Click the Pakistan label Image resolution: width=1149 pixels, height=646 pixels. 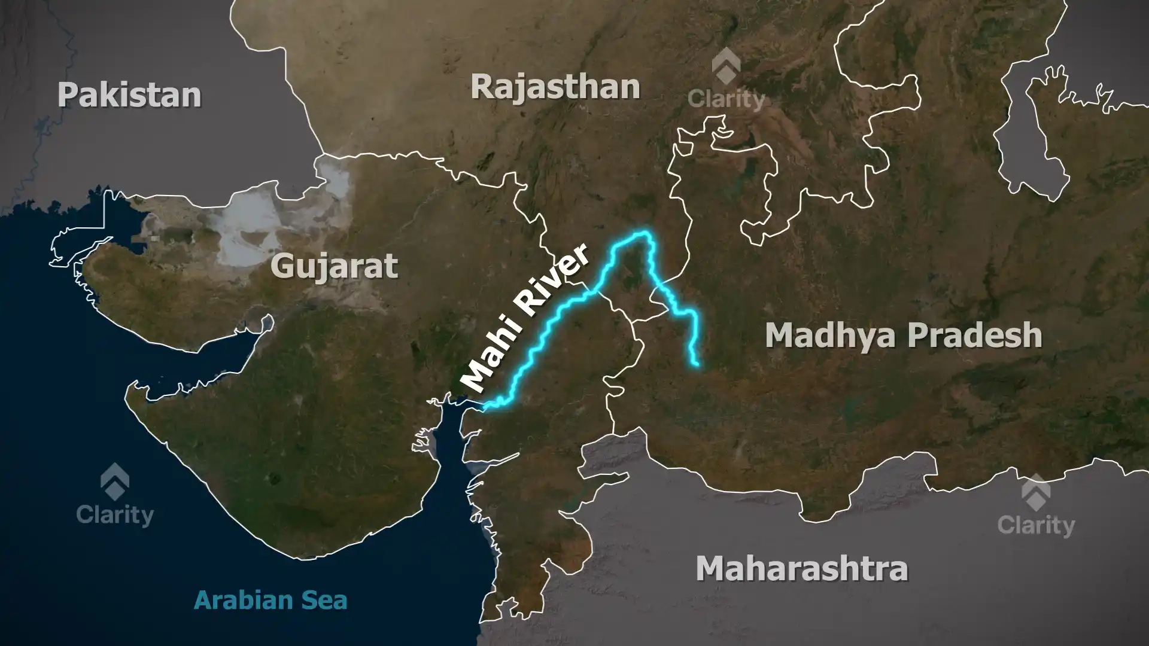[x=129, y=96]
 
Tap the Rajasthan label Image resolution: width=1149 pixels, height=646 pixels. [x=555, y=87]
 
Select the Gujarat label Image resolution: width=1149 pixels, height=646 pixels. [x=334, y=266]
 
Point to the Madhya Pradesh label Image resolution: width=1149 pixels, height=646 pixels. [x=904, y=335]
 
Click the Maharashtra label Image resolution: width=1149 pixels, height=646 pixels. [x=802, y=568]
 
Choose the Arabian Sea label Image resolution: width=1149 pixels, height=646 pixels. [x=270, y=600]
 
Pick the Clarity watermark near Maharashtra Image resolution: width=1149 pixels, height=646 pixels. [x=1036, y=525]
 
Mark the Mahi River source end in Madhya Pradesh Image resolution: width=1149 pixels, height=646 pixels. [x=697, y=364]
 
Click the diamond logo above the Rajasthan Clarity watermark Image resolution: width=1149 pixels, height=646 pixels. [x=726, y=66]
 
